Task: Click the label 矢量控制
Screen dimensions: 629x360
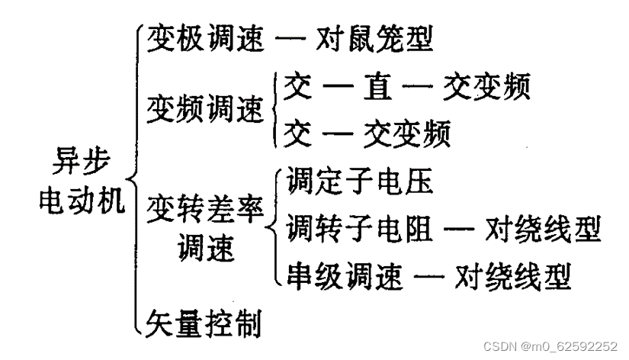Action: point(204,324)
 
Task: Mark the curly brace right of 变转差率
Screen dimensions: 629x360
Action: point(274,227)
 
